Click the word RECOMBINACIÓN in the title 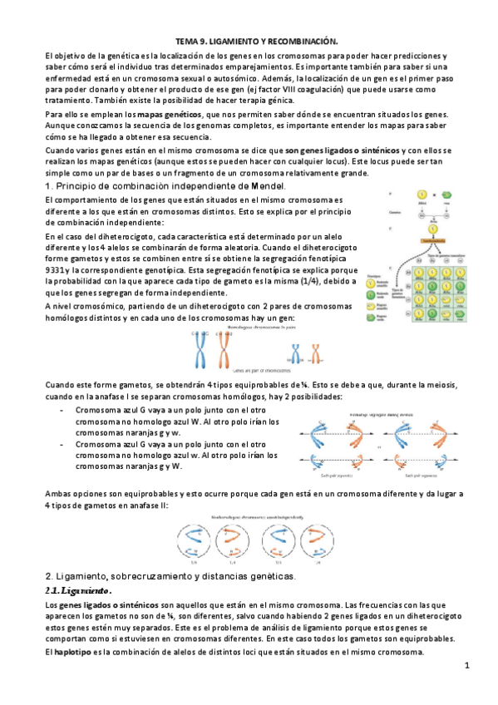302,41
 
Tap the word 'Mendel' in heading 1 263,186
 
